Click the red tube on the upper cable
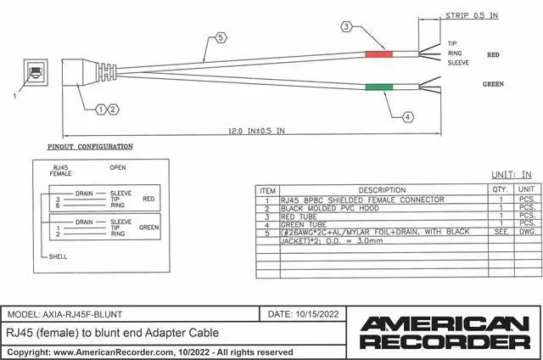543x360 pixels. click(378, 55)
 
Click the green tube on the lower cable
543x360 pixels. click(378, 86)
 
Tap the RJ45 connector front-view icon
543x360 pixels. click(36, 71)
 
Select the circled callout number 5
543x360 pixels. click(221, 38)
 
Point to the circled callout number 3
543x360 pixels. click(346, 27)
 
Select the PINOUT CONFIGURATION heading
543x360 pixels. click(90, 146)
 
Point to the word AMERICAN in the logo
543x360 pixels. click(445, 323)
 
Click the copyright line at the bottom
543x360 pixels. click(149, 352)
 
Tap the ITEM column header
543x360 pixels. click(268, 190)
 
